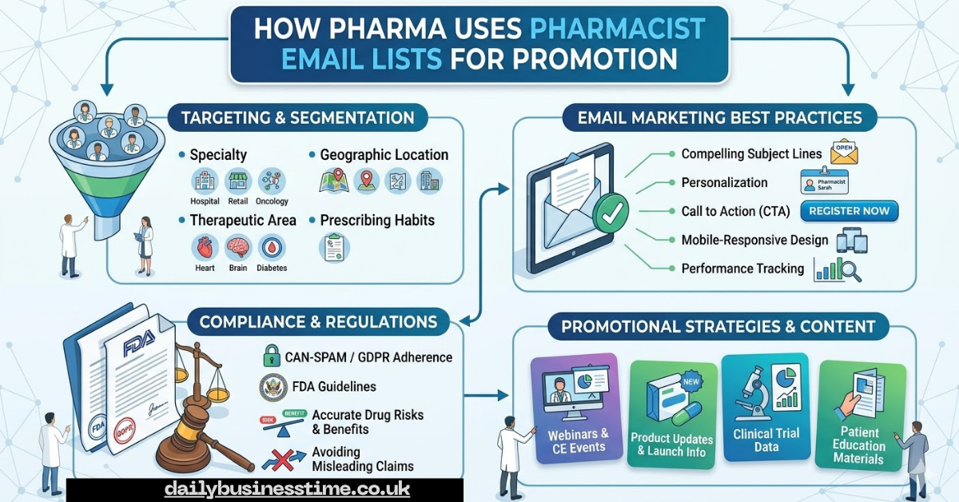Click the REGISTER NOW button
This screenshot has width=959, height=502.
pos(849,211)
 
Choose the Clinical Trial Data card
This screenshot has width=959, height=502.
pos(765,408)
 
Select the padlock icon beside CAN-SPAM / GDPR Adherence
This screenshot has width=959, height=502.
pos(272,357)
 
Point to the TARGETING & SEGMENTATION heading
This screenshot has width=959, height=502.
pos(297,118)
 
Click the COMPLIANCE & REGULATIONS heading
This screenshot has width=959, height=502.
pos(318,321)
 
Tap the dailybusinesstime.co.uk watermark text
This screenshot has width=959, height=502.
pos(287,489)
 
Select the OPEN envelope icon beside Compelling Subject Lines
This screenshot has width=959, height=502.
pos(844,152)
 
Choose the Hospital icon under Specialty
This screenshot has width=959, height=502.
pos(205,181)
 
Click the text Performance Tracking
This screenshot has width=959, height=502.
pos(742,269)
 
